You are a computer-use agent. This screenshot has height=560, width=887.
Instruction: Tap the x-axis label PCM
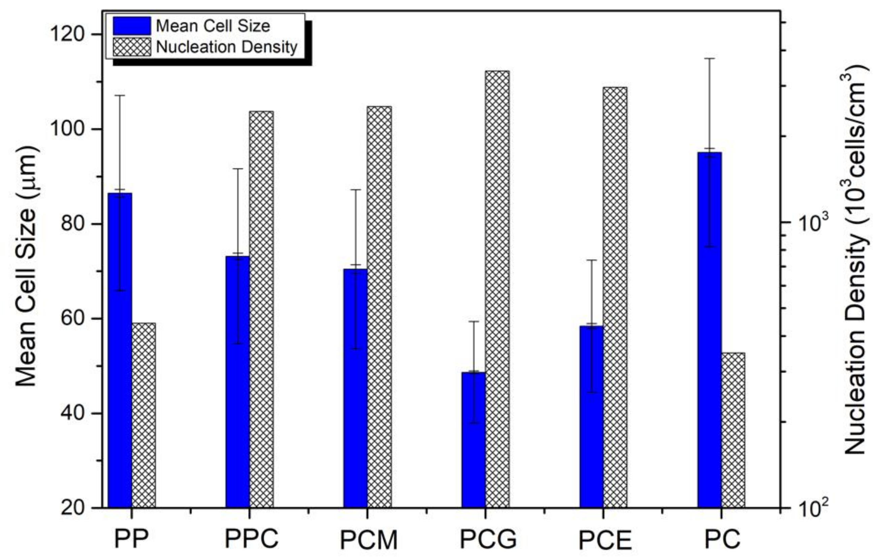369,540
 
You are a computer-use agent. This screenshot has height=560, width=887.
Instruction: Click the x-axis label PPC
252,539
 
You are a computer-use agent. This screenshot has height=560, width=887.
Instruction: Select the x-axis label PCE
605,540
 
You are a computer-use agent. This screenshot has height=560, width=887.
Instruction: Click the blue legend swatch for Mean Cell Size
132,26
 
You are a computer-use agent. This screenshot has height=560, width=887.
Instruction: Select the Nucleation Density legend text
226,47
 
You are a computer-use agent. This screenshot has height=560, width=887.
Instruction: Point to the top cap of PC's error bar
710,58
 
